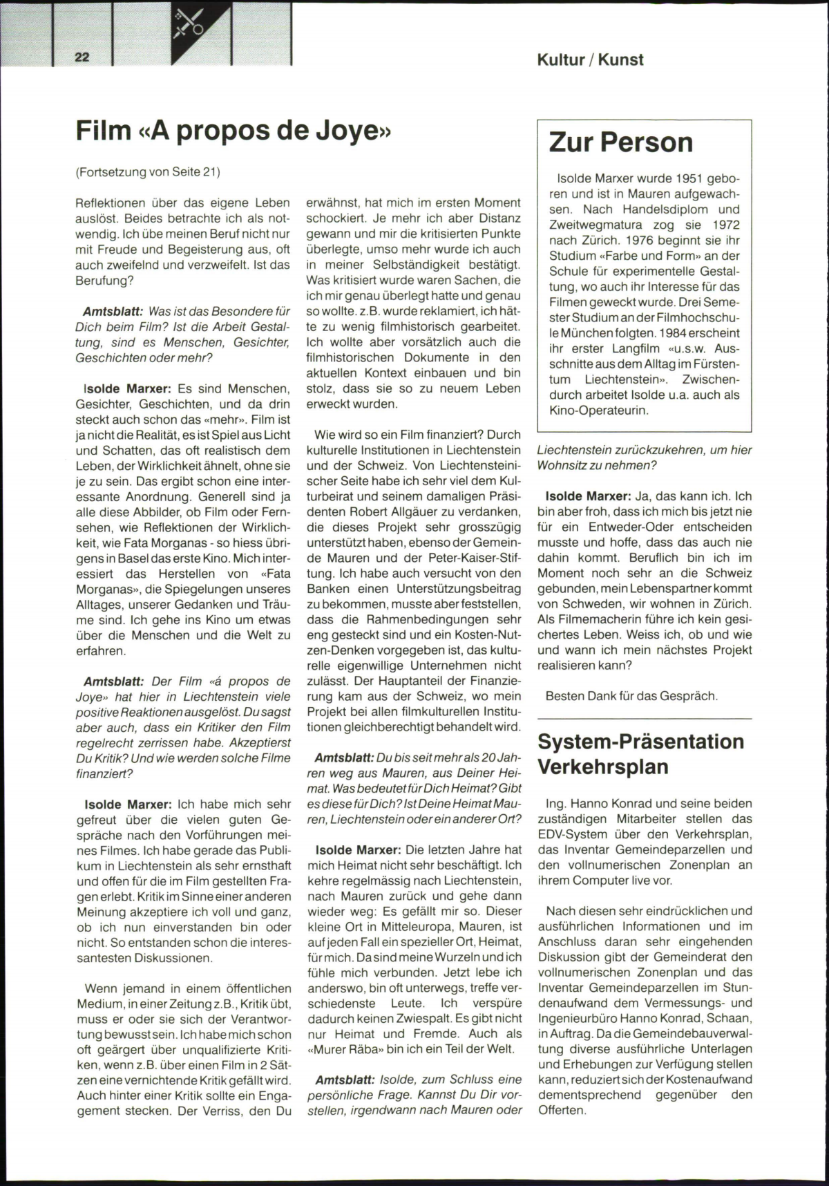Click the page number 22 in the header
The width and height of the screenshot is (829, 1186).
point(82,57)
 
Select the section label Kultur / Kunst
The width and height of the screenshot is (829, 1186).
point(590,60)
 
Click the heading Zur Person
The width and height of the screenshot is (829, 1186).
point(620,142)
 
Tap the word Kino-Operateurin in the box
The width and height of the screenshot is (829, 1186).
point(599,411)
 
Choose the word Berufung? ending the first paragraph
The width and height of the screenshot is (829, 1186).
point(104,281)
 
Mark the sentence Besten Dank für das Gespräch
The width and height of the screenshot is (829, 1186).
point(631,696)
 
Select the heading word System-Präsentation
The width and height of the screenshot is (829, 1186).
point(640,742)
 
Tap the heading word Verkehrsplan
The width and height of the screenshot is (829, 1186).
point(603,767)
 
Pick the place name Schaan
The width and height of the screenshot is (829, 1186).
point(732,1018)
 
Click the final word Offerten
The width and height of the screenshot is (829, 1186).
point(562,1111)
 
